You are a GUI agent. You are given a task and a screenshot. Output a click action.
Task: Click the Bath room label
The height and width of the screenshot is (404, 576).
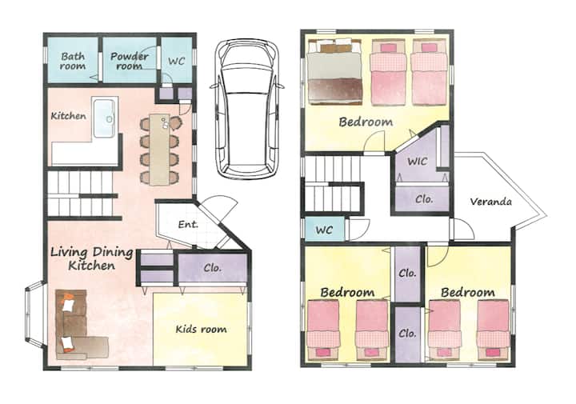[x=73, y=62]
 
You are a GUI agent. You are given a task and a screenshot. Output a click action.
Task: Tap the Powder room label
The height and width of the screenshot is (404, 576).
[x=130, y=62]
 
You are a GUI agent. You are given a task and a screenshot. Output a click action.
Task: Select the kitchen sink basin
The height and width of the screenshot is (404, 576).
[x=105, y=118]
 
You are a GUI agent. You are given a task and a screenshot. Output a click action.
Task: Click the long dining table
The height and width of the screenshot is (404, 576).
[x=160, y=150]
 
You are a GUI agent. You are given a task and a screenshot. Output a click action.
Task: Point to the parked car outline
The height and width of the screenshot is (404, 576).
[x=247, y=109]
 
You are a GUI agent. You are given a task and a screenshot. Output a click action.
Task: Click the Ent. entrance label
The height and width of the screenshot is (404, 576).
[x=188, y=224]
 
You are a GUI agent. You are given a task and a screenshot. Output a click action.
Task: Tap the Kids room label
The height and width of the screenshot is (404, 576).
[x=201, y=329]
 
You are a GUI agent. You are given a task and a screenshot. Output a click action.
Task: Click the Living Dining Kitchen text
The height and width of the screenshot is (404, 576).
[x=92, y=258]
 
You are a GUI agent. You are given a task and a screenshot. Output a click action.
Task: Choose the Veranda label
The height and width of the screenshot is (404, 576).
[x=490, y=202]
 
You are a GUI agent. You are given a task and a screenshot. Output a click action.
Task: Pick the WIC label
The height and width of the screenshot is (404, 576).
[x=418, y=161]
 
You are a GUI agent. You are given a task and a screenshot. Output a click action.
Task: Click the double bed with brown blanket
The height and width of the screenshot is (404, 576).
[x=334, y=72]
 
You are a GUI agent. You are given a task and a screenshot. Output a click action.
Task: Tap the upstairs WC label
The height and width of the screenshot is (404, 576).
[x=324, y=230]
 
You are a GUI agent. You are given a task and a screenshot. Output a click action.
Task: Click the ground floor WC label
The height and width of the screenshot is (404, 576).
[x=176, y=61]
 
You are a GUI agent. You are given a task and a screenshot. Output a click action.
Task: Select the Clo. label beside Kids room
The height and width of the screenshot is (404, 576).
[x=213, y=268]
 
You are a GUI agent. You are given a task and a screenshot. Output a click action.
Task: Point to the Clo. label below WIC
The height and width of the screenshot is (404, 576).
[x=424, y=199]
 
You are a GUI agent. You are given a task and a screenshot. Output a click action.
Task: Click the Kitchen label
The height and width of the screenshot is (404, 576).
[x=68, y=116]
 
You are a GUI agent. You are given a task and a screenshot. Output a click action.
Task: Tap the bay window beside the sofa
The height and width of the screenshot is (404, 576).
[x=35, y=314]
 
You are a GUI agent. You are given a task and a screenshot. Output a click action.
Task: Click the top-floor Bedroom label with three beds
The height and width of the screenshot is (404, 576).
[x=366, y=122]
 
